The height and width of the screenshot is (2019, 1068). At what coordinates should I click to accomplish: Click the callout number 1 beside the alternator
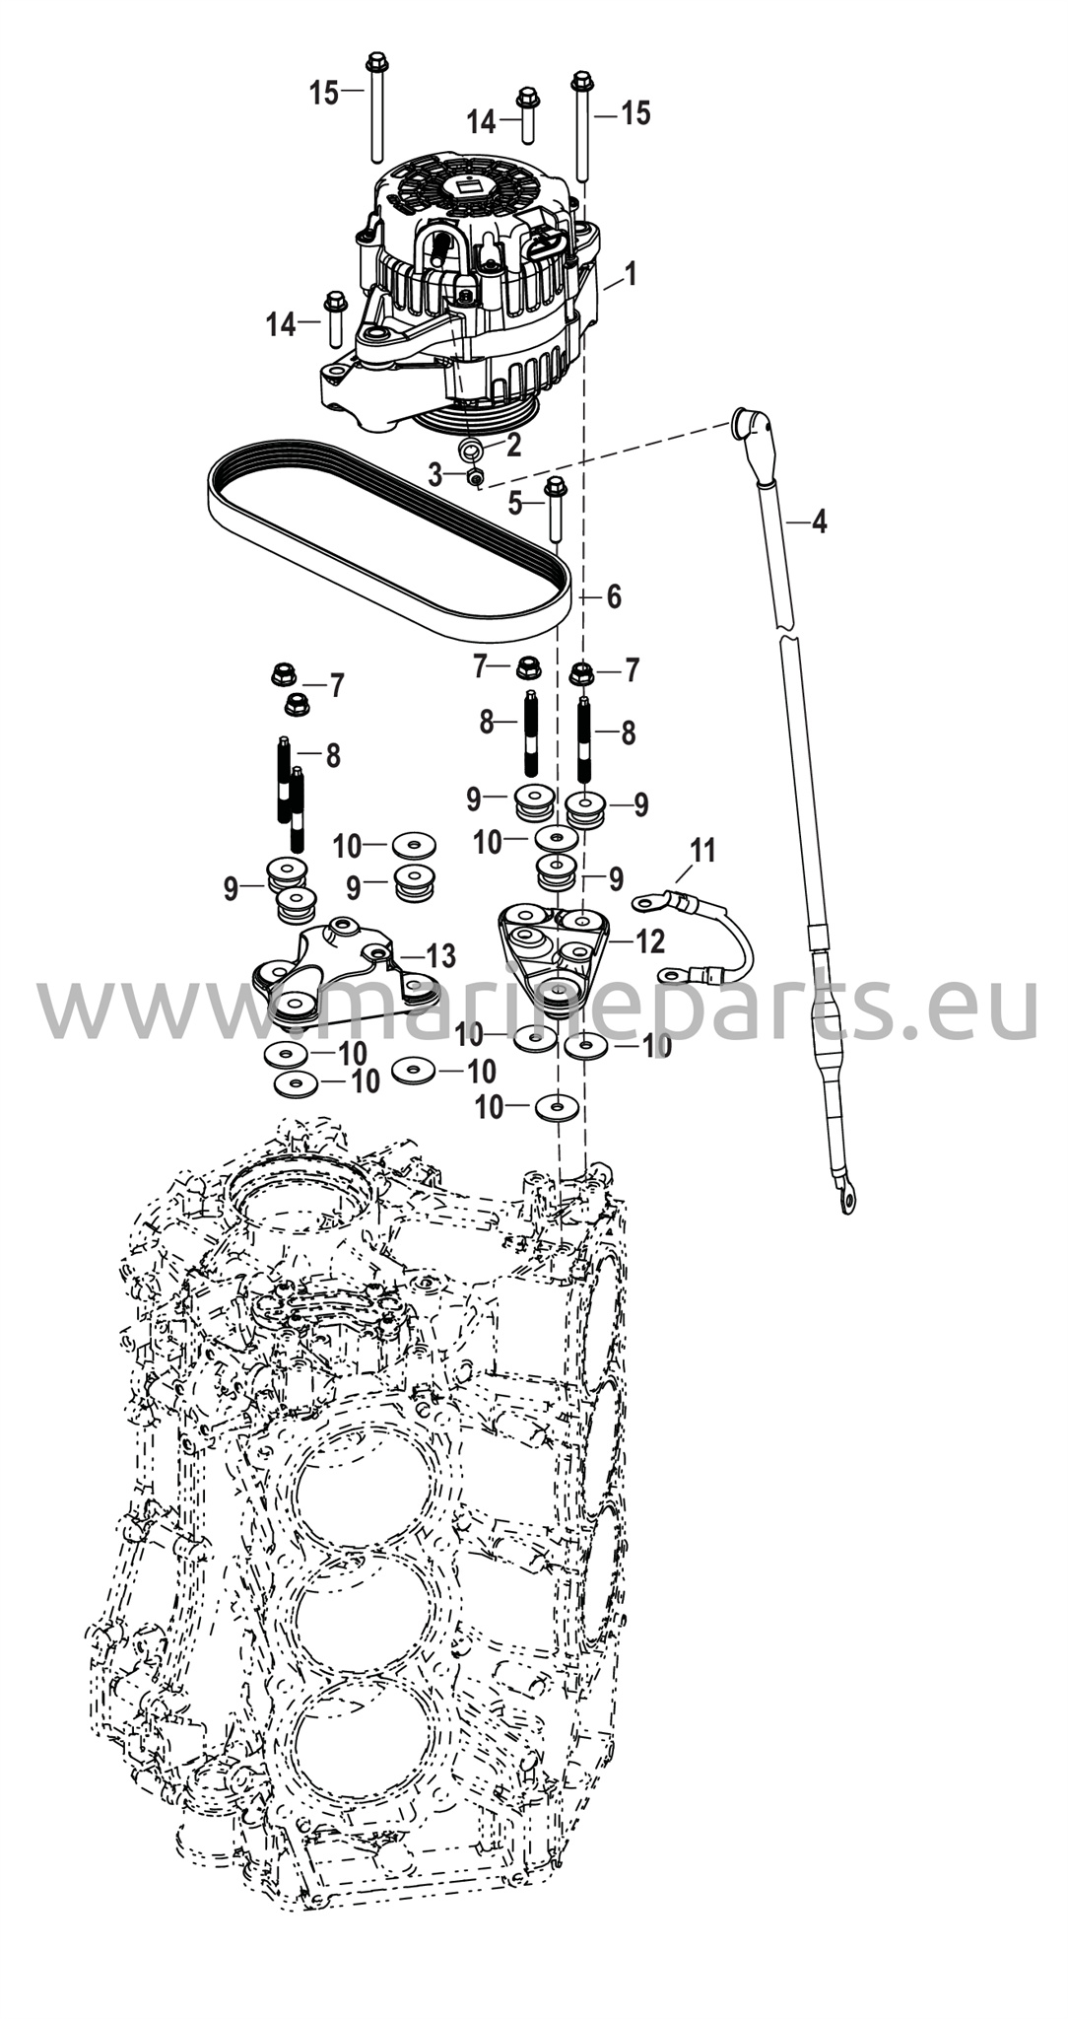click(x=631, y=273)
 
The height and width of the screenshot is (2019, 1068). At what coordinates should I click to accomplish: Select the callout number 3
click(x=435, y=474)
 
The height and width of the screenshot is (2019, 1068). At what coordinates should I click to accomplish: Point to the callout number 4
click(x=819, y=522)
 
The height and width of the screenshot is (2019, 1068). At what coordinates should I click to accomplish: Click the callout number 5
click(x=515, y=503)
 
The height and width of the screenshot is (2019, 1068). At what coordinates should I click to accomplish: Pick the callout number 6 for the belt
click(x=613, y=595)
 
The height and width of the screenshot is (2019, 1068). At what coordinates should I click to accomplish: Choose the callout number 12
click(x=650, y=941)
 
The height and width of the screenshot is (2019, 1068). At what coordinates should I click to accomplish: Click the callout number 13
click(x=440, y=954)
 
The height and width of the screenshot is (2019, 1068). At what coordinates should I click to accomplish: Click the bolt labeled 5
click(x=556, y=508)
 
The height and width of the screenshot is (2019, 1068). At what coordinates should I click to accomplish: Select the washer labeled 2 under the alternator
click(x=472, y=450)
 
